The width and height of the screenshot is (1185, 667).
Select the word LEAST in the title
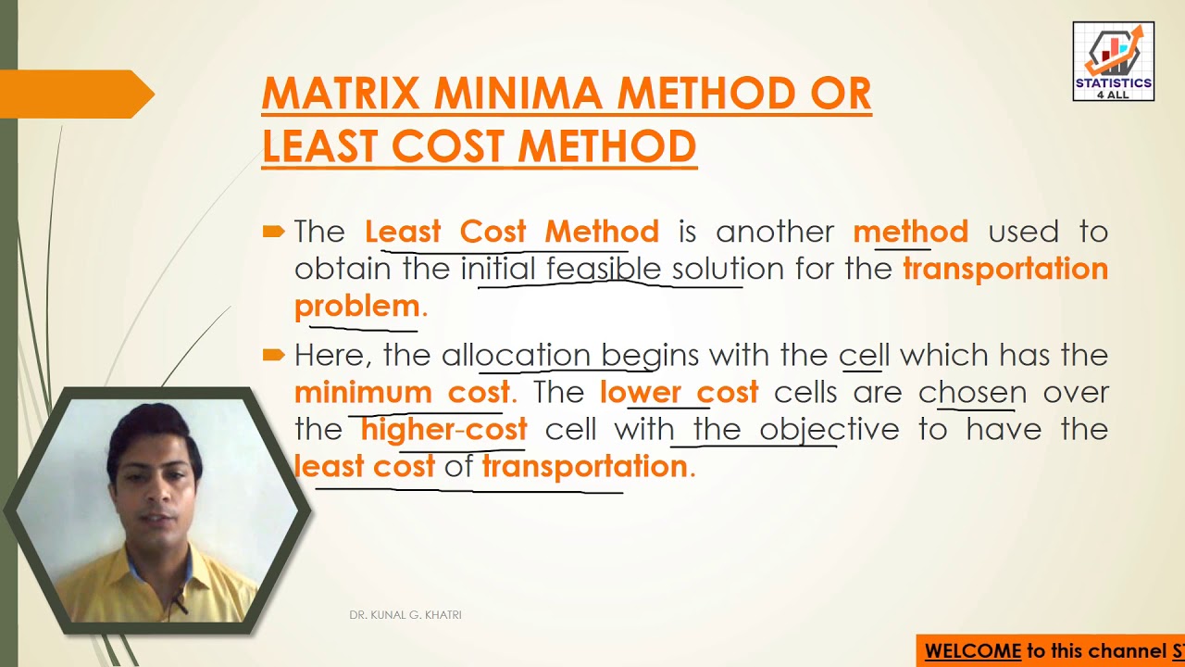(x=319, y=146)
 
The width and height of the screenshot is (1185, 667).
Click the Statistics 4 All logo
(x=1113, y=61)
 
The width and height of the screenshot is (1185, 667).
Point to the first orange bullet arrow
(x=273, y=232)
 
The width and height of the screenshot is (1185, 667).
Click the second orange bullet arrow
(x=273, y=355)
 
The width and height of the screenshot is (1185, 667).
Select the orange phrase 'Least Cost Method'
(x=511, y=232)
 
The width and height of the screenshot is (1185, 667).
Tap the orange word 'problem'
(x=357, y=306)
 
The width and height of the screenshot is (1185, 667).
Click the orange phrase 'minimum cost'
(x=402, y=392)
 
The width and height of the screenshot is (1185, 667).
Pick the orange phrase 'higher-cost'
(x=443, y=429)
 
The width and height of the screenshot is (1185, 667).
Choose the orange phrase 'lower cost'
(x=679, y=392)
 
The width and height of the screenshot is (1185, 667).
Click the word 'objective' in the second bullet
(x=829, y=429)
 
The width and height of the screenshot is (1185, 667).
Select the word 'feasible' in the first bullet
(x=604, y=269)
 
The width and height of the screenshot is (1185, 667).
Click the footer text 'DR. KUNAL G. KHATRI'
(x=405, y=615)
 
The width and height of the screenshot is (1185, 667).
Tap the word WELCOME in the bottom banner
(x=972, y=651)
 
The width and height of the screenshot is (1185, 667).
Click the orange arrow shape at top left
(x=79, y=94)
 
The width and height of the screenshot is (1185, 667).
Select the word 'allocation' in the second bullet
(x=516, y=355)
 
